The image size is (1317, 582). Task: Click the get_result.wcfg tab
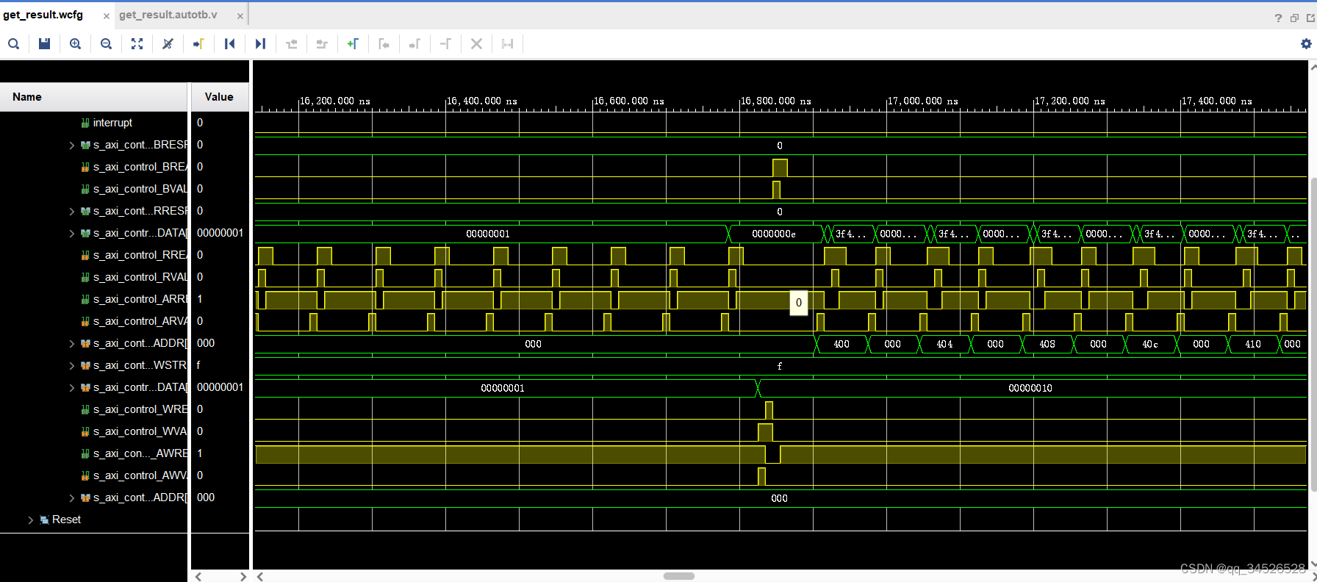(43, 15)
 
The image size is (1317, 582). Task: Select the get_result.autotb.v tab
(168, 15)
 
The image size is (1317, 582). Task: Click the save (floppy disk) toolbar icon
(44, 44)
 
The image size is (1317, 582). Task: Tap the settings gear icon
(1306, 44)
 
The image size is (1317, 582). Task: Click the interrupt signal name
(112, 123)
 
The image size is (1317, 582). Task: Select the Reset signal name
(66, 520)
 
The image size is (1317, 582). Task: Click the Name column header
(27, 97)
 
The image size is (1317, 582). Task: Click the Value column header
(219, 97)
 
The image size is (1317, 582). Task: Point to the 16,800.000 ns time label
(775, 101)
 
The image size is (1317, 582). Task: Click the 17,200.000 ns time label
(1069, 101)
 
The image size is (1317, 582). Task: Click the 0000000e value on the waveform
(773, 234)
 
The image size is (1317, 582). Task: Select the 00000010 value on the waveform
(1030, 388)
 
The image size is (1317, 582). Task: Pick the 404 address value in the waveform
(944, 344)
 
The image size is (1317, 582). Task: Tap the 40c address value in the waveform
(1150, 344)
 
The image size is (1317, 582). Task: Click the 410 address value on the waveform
(1253, 344)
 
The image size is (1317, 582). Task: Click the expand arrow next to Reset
(31, 520)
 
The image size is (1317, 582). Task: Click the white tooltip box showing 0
(799, 303)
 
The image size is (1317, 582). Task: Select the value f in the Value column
(198, 365)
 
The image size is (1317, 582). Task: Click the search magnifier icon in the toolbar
(13, 44)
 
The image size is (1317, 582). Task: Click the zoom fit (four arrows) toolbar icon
(137, 44)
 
